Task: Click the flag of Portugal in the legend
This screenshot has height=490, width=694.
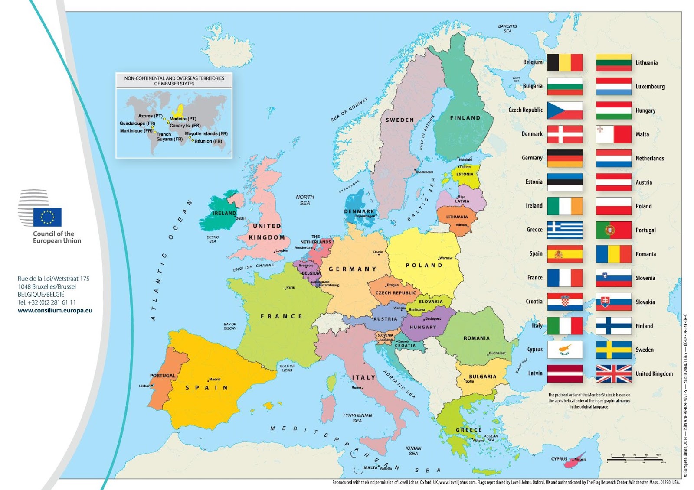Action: point(613,230)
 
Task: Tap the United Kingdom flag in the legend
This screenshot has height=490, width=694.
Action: point(613,373)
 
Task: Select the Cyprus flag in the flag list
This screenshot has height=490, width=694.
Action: point(565,350)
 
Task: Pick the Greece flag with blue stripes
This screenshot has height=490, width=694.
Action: point(565,230)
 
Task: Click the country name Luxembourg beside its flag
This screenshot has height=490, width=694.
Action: point(650,87)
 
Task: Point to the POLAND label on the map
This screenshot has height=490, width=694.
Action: point(424,265)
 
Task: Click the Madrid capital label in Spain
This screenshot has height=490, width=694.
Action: point(215,379)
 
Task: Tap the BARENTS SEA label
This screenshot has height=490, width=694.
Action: point(507,29)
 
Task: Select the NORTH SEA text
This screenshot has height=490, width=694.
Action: point(305,200)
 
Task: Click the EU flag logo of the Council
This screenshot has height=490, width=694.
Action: point(47,217)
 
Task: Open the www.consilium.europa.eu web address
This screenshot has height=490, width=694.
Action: point(55,310)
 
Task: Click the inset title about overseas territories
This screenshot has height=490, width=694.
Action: point(174,81)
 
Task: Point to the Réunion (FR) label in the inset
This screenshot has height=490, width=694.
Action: point(208,141)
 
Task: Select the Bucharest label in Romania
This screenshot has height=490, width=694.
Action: point(497,353)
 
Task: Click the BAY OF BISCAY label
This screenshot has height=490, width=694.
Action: point(230,326)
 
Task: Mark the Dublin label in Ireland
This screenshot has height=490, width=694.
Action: point(241,218)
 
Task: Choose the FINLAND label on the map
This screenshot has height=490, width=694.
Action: point(465,118)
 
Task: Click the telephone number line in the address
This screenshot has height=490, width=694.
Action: point(47,302)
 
